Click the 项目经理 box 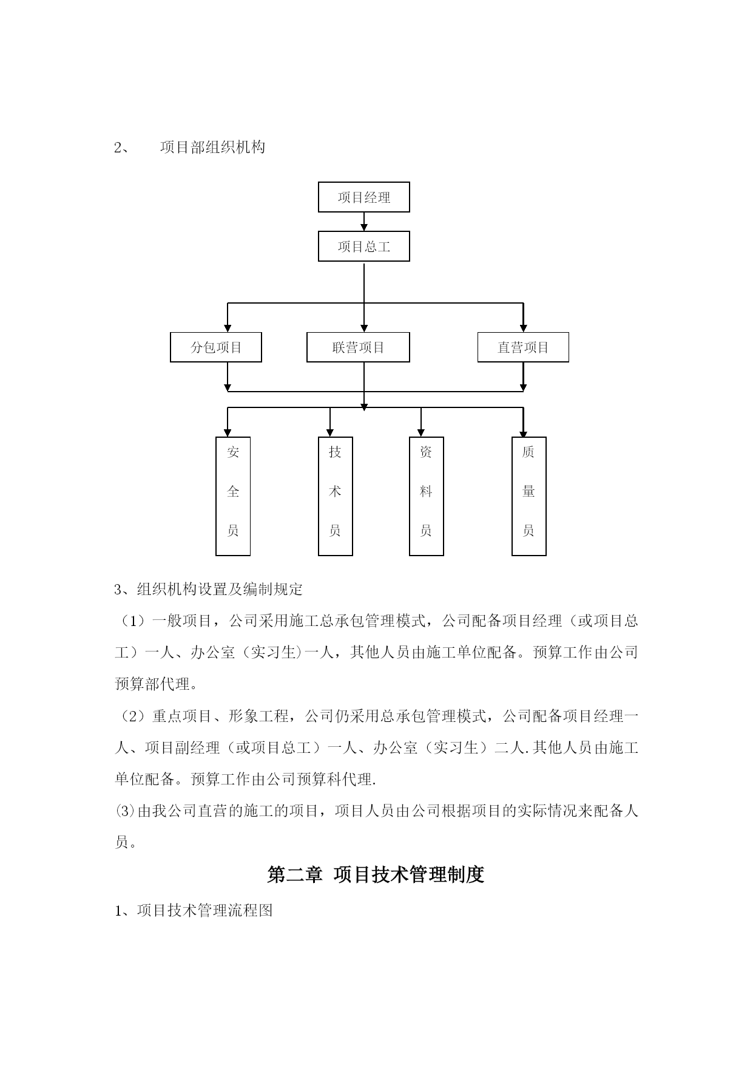[x=364, y=197]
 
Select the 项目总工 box [x=364, y=246]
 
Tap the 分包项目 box [x=216, y=347]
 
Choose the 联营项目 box [x=358, y=347]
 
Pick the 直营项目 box [x=523, y=347]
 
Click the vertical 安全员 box [x=233, y=496]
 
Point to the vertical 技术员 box [x=336, y=496]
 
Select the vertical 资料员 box [x=427, y=496]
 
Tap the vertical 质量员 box [x=529, y=496]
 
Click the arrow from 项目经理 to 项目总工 [x=364, y=222]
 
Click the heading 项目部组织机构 [x=212, y=148]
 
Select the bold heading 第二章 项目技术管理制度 [x=376, y=875]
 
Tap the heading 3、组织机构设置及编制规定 [x=209, y=590]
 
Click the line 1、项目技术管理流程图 [x=194, y=910]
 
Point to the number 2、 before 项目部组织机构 [x=121, y=148]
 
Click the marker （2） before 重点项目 [x=133, y=716]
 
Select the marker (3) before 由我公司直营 [x=126, y=811]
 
